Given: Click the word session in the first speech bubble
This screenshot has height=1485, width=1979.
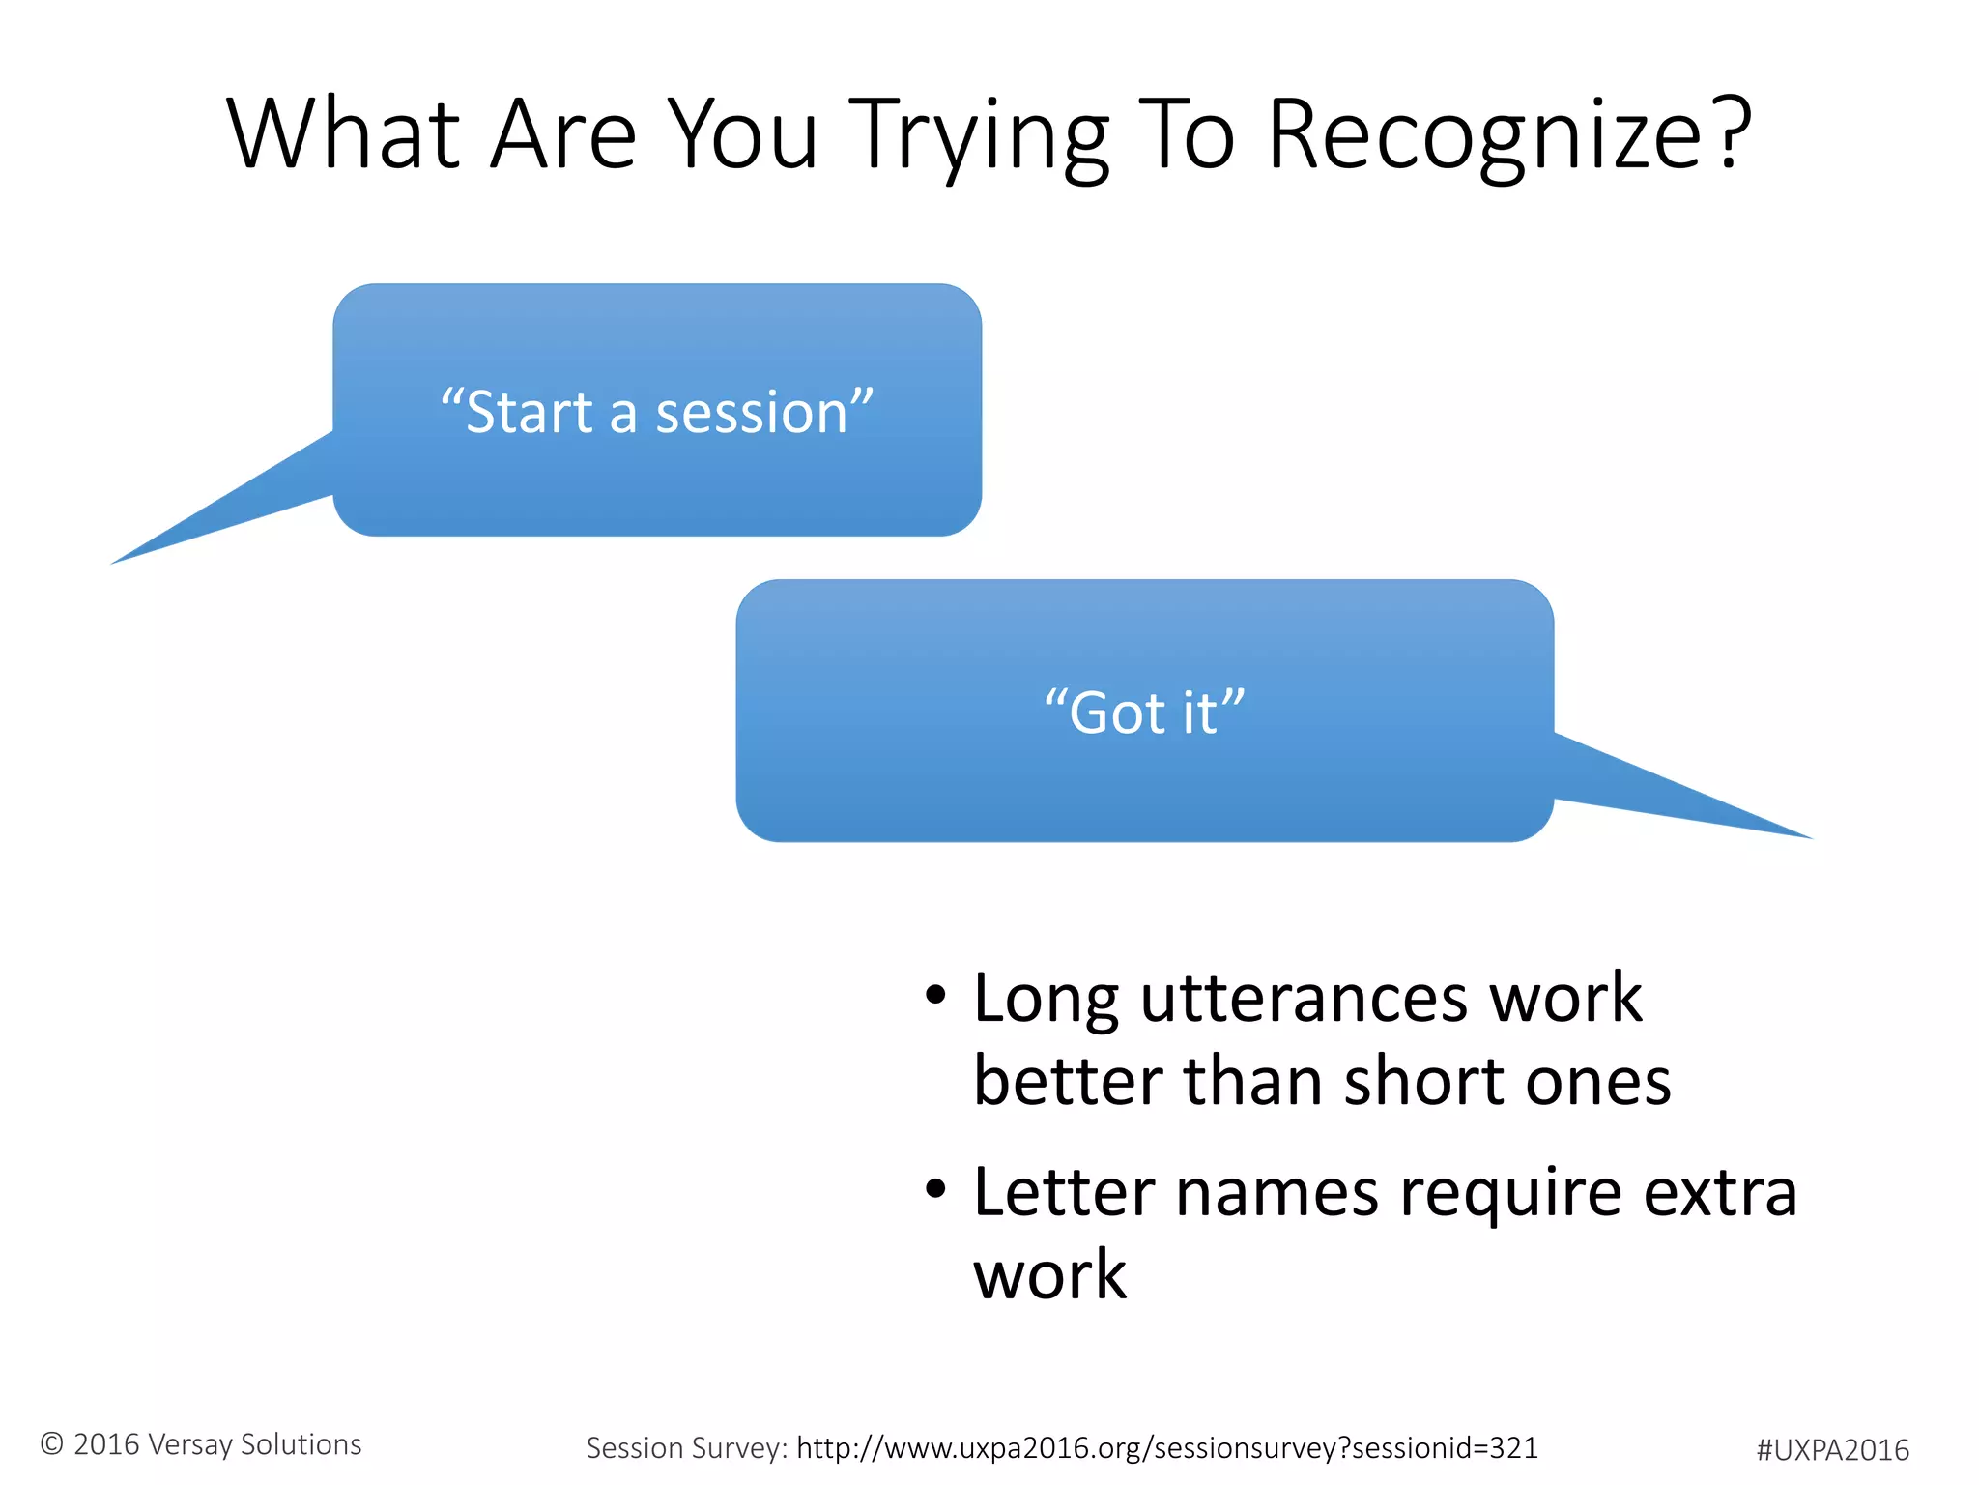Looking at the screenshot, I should click(751, 413).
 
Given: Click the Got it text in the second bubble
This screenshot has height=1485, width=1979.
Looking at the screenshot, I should click(1144, 713).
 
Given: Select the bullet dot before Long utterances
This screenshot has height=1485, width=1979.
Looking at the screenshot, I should click(934, 994).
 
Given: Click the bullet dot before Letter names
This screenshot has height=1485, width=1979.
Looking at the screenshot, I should click(934, 1189).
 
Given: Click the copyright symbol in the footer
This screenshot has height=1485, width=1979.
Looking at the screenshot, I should click(52, 1443).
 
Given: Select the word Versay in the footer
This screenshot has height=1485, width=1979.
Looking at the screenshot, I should click(190, 1444).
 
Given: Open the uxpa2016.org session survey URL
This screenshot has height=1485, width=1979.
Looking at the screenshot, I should click(1166, 1447).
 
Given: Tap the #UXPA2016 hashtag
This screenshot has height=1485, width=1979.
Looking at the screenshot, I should click(1832, 1450).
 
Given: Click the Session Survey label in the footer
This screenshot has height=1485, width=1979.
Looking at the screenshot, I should click(687, 1447).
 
